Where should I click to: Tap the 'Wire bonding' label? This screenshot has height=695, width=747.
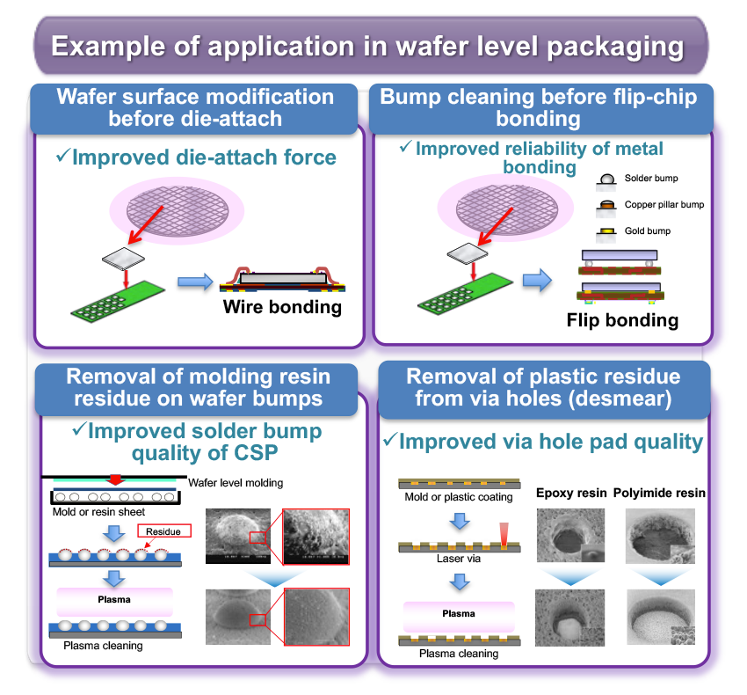pos(281,307)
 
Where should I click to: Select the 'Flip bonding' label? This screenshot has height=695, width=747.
pos(622,319)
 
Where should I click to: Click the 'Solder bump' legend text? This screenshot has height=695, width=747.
pos(650,179)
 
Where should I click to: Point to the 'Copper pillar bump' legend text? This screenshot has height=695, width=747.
pos(664,205)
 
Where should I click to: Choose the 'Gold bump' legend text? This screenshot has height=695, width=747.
pos(646,231)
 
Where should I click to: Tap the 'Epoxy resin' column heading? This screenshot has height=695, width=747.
pos(571,493)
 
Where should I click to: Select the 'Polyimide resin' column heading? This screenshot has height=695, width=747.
pos(659,493)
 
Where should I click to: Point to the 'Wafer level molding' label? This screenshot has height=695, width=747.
pos(236,483)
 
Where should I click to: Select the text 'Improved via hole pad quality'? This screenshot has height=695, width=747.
pos(543,440)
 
